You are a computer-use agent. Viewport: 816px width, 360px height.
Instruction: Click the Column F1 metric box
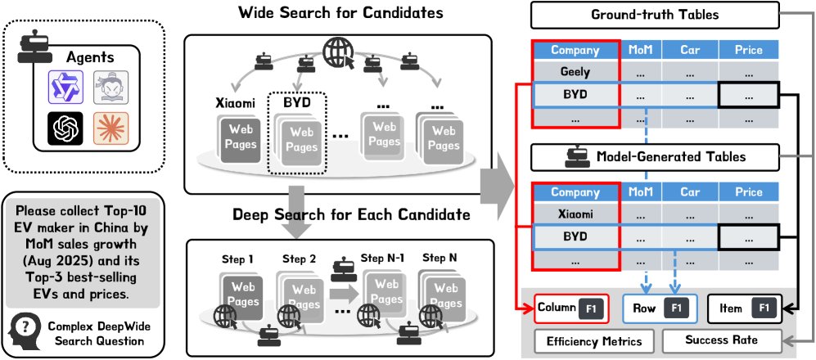click(x=570, y=309)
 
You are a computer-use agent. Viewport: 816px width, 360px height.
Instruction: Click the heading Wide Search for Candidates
click(x=336, y=14)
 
